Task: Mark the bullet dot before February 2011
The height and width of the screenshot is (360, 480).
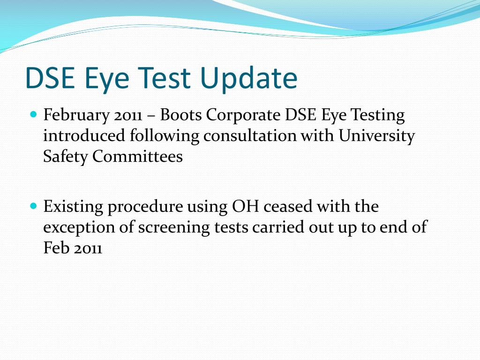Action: pos(33,114)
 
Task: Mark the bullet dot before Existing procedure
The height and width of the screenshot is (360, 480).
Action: pos(33,206)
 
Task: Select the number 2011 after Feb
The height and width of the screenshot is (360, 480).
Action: pos(88,248)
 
